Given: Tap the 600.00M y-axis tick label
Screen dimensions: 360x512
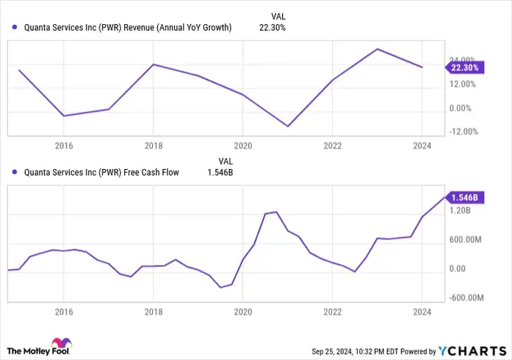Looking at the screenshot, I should pos(464,240).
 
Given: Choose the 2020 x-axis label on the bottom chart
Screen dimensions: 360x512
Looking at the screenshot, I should pos(242,312).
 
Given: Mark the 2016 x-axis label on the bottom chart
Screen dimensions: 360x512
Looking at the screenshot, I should pos(64,312).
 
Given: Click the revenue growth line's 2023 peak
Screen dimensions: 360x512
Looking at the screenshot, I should pos(377,49).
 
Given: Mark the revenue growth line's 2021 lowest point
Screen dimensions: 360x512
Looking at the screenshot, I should pos(287,126).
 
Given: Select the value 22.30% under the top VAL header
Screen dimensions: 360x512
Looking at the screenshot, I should pos(272,28).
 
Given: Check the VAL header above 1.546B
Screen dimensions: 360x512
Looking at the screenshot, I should pos(226,161).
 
